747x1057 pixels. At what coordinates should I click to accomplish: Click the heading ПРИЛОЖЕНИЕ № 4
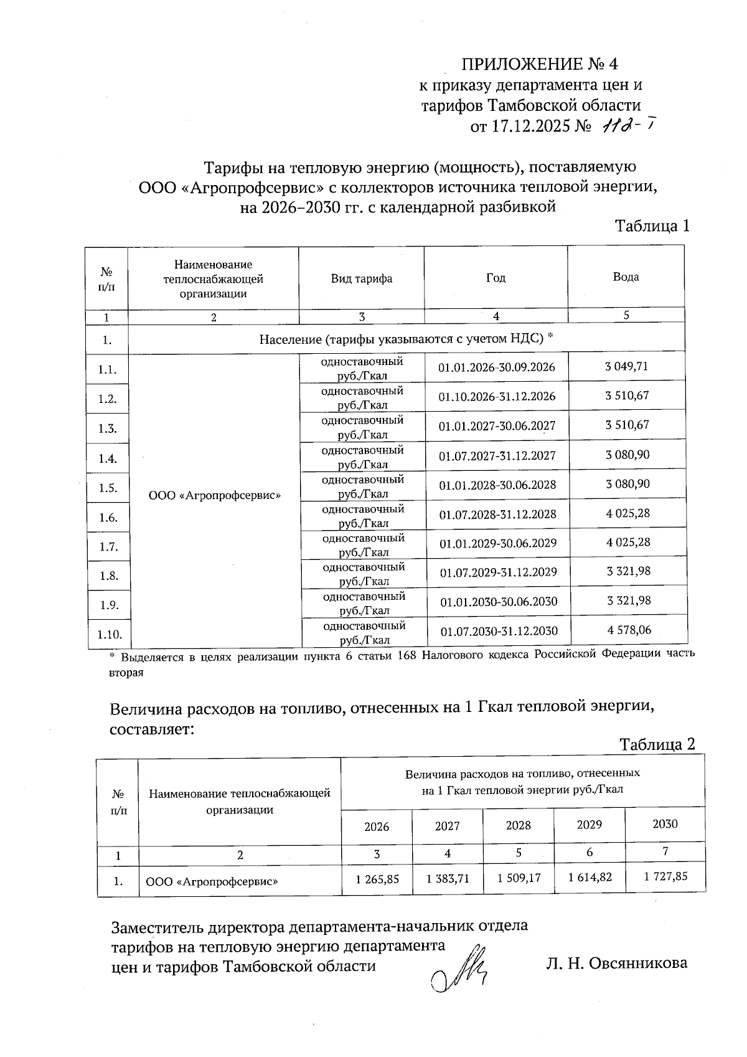[539, 64]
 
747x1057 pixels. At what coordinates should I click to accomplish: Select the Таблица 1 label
[652, 225]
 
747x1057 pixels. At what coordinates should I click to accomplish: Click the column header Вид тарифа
[361, 278]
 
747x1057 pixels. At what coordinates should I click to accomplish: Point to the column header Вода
[626, 277]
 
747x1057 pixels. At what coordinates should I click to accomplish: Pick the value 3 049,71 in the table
[626, 366]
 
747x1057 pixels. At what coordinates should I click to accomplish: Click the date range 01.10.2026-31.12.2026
[497, 397]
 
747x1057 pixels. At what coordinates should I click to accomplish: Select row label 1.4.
[108, 459]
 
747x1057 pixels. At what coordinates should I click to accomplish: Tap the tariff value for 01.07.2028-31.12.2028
[627, 513]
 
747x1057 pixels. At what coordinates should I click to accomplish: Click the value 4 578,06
[629, 630]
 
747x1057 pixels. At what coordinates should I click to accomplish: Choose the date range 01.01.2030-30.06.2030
[499, 602]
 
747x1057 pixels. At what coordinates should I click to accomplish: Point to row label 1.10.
[110, 634]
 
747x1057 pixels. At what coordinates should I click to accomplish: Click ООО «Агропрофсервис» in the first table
[215, 496]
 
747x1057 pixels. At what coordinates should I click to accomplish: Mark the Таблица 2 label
[656, 744]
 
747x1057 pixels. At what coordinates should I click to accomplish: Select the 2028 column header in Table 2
[518, 825]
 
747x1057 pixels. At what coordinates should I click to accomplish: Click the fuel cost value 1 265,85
[377, 879]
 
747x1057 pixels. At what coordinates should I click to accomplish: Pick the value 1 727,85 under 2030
[665, 876]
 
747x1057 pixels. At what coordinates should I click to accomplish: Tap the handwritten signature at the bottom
[461, 972]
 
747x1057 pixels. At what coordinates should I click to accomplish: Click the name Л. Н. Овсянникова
[616, 963]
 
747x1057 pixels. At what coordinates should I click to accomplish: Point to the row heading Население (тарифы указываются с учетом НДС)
[406, 339]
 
